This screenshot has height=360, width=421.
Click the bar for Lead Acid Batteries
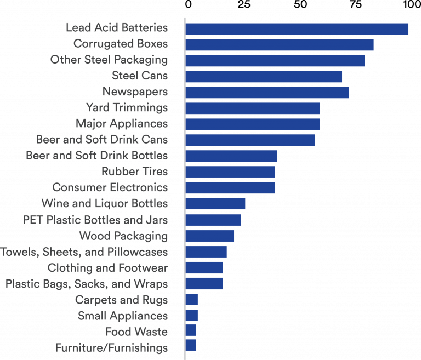pyautogui.click(x=297, y=29)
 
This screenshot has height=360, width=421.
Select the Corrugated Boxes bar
pyautogui.click(x=280, y=45)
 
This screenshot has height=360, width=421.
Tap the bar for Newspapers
pyautogui.click(x=267, y=93)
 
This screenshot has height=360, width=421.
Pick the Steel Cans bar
pyautogui.click(x=264, y=77)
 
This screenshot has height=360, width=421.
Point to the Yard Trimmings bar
pyautogui.click(x=253, y=108)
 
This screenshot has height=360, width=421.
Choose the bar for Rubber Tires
pyautogui.click(x=230, y=172)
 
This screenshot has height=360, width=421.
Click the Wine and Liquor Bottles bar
pyautogui.click(x=215, y=204)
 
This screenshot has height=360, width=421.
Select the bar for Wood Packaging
pyautogui.click(x=210, y=236)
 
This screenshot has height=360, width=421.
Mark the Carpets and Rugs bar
pyautogui.click(x=192, y=300)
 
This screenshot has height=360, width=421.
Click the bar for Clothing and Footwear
pyautogui.click(x=204, y=268)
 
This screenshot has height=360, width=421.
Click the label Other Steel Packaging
pyautogui.click(x=109, y=60)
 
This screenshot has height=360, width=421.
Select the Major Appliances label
pyautogui.click(x=122, y=123)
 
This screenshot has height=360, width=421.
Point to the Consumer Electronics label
pyautogui.click(x=110, y=187)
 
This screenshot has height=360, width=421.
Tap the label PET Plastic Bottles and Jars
pyautogui.click(x=95, y=220)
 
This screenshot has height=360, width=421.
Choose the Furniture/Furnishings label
pyautogui.click(x=112, y=347)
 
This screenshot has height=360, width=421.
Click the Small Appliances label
pyautogui.click(x=123, y=316)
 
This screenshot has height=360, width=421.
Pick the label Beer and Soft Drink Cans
pyautogui.click(x=102, y=139)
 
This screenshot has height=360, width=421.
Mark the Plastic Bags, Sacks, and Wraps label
pyautogui.click(x=87, y=284)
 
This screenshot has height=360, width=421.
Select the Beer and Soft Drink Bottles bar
pyautogui.click(x=231, y=156)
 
